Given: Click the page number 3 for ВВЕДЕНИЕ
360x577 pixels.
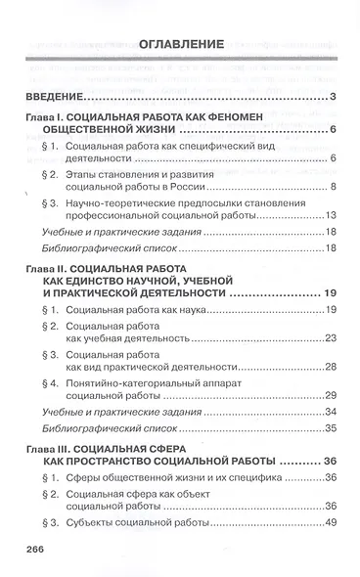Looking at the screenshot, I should pyautogui.click(x=334, y=96).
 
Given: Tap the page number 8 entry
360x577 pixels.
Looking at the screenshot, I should pyautogui.click(x=334, y=187).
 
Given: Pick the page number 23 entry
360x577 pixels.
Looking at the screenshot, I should pyautogui.click(x=331, y=338).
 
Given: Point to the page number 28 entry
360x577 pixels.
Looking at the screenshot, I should pyautogui.click(x=331, y=367).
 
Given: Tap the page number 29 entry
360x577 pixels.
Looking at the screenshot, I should pyautogui.click(x=331, y=395).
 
